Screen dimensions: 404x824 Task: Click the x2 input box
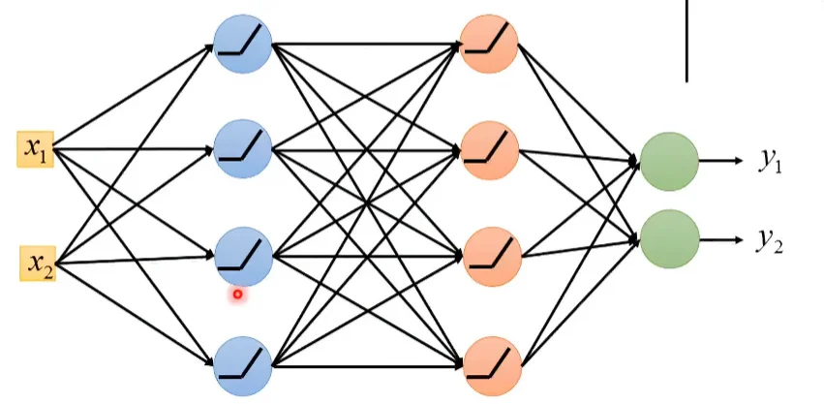coord(38,263)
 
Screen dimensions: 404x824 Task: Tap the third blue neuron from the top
coord(243,255)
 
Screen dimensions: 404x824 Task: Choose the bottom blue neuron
coord(243,364)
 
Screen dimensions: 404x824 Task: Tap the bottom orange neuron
coord(491,364)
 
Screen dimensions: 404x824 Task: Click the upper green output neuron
coord(669,162)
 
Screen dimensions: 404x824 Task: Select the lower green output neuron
coord(669,237)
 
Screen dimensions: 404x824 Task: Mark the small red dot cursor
coord(237,293)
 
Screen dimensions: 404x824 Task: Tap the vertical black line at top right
coord(687,39)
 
